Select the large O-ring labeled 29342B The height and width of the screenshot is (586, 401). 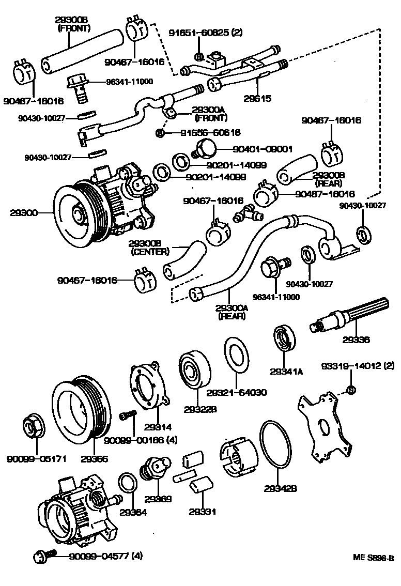tap(280, 444)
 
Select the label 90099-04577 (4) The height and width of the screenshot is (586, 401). tap(99, 557)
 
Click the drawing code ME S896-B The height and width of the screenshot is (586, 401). tap(373, 558)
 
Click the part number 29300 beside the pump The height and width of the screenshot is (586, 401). tap(23, 212)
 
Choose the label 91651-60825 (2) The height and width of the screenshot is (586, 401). tap(205, 33)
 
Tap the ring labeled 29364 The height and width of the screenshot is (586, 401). tap(128, 483)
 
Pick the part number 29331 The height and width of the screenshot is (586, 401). tap(202, 512)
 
